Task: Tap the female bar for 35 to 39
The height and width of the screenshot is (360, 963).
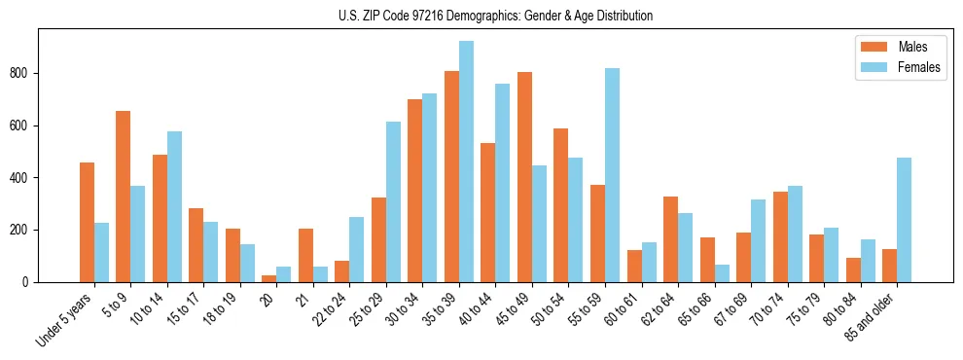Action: (x=466, y=162)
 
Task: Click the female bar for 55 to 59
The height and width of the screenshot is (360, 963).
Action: (x=612, y=175)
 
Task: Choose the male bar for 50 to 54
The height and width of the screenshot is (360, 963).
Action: (x=561, y=205)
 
